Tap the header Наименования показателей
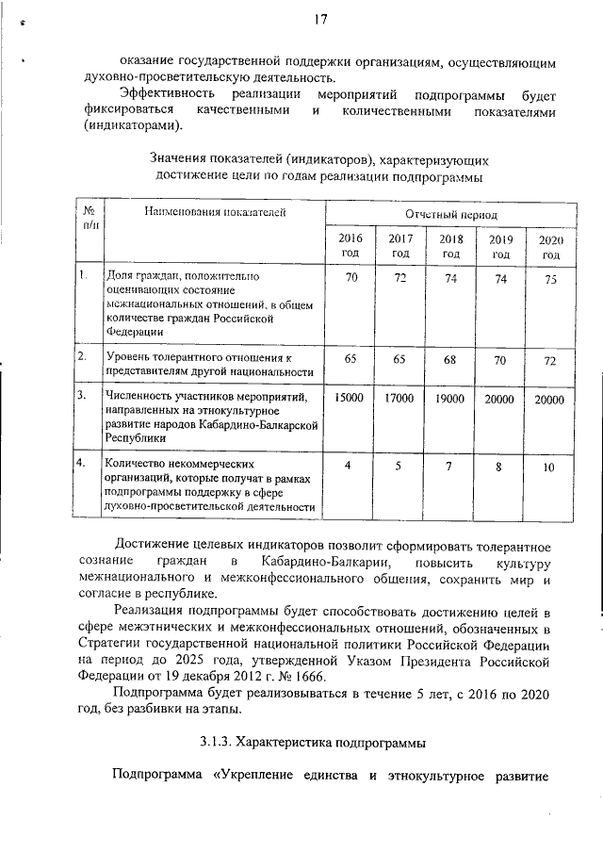213,214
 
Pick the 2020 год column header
550,248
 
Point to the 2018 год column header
451,247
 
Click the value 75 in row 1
550,279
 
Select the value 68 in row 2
451,360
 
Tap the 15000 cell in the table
350,400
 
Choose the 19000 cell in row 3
450,400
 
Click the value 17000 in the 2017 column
399,400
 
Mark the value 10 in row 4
550,468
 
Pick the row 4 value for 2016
350,466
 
